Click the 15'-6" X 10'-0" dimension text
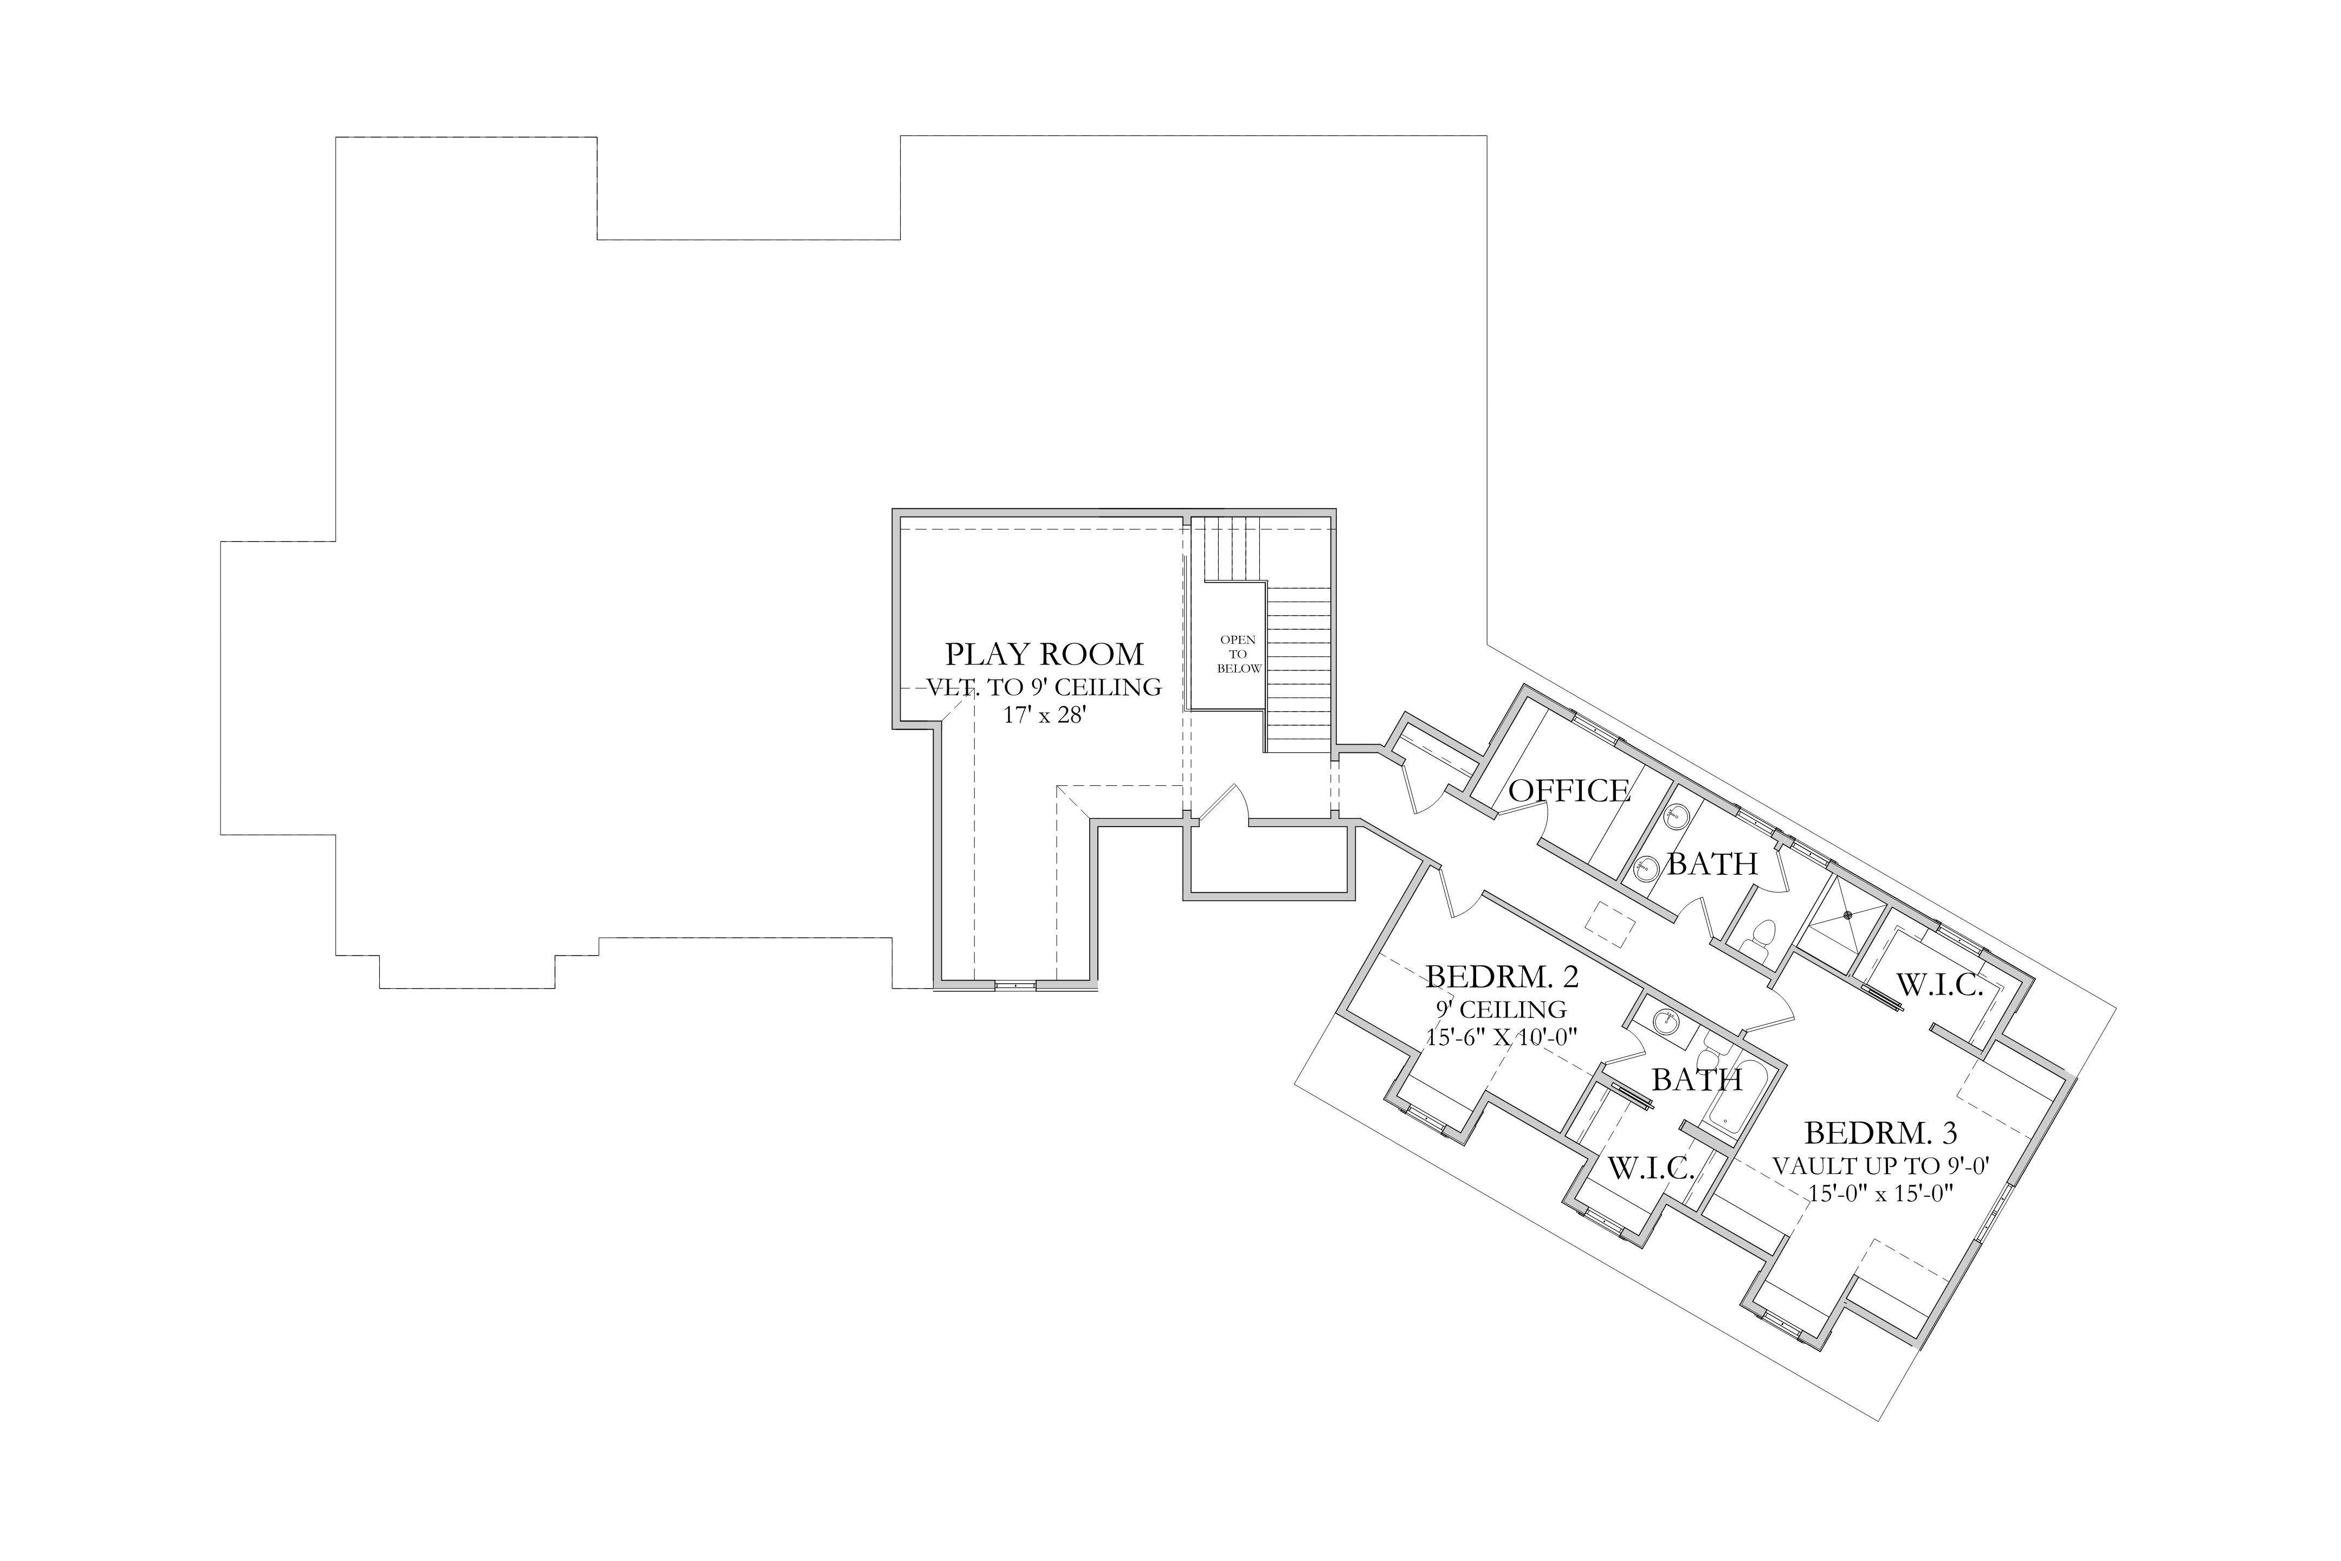pyautogui.click(x=1502, y=1037)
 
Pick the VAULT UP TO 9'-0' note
pyautogui.click(x=1881, y=1166)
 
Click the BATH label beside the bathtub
pyautogui.click(x=1697, y=1080)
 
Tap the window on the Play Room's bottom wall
pyautogui.click(x=1015, y=985)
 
